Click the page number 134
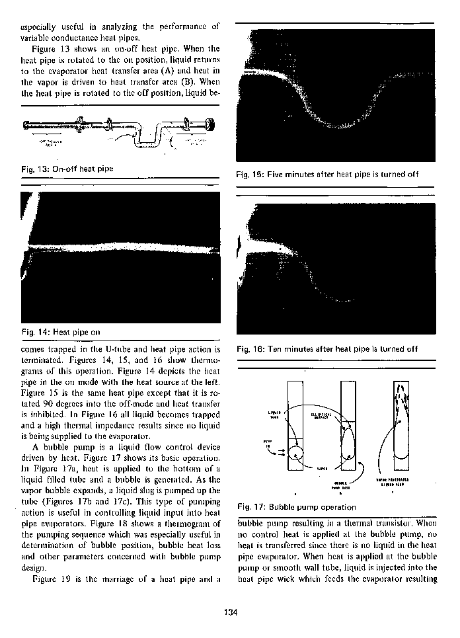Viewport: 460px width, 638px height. (230, 612)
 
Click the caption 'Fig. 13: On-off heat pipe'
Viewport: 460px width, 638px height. (67, 169)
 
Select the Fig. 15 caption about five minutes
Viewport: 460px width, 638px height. (327, 175)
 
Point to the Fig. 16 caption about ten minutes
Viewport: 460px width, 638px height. (326, 348)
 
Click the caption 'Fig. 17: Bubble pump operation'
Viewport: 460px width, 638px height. (296, 507)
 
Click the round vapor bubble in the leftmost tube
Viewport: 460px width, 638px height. (295, 457)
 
